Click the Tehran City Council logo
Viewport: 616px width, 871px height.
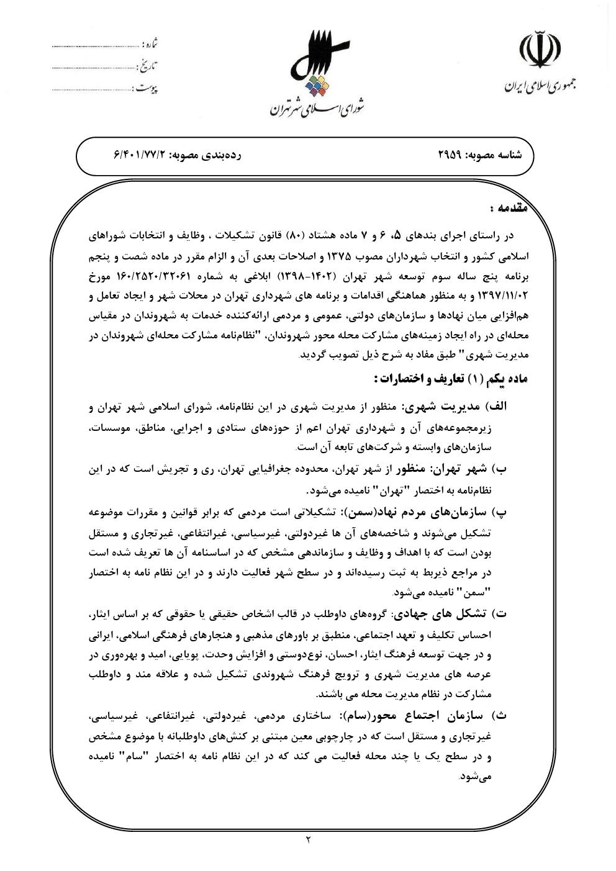click(317, 68)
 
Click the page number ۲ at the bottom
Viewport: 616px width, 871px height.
click(308, 840)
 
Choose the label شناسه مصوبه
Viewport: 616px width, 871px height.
click(498, 154)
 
